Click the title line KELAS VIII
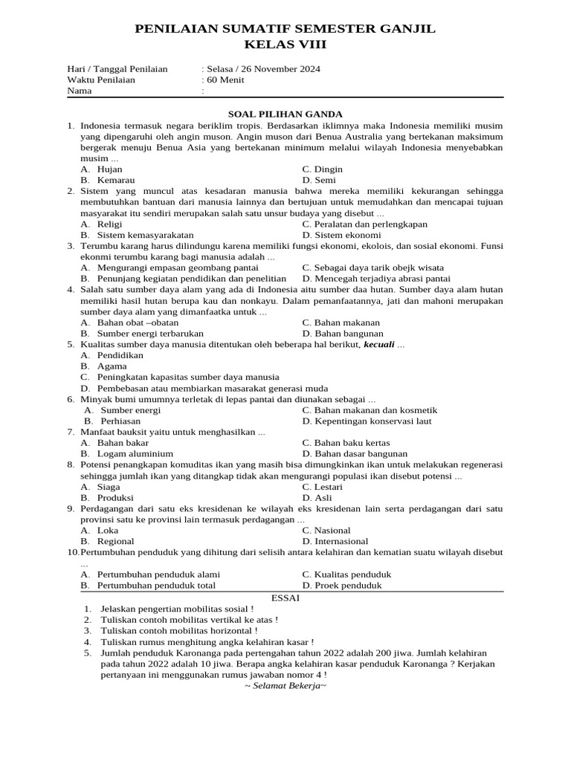285,45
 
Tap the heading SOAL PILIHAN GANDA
285,114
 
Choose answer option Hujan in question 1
110,169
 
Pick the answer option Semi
325,181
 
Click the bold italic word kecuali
378,345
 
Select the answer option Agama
112,366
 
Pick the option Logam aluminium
135,454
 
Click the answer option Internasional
341,542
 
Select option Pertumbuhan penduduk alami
158,574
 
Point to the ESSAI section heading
285,597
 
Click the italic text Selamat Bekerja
285,685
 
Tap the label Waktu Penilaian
101,80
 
